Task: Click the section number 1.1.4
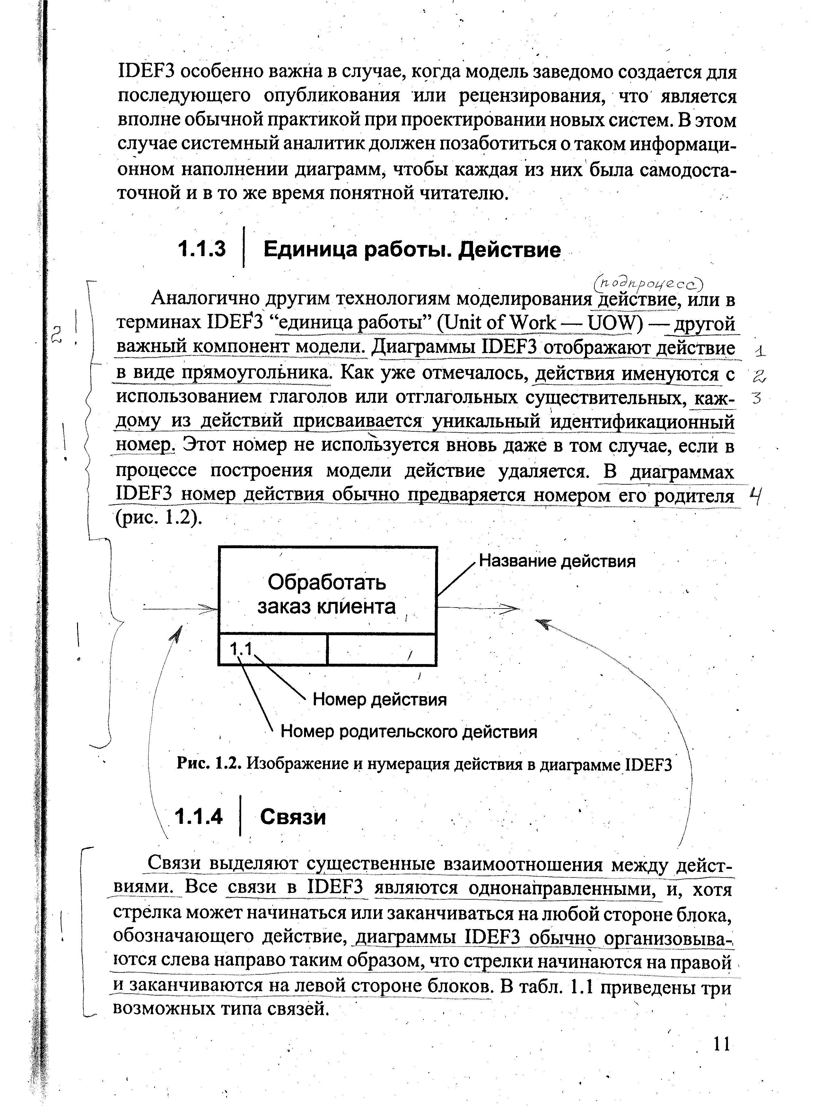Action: pyautogui.click(x=199, y=817)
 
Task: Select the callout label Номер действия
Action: pyautogui.click(x=380, y=700)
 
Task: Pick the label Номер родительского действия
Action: pyautogui.click(x=409, y=731)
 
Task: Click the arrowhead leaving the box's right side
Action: pyautogui.click(x=512, y=608)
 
